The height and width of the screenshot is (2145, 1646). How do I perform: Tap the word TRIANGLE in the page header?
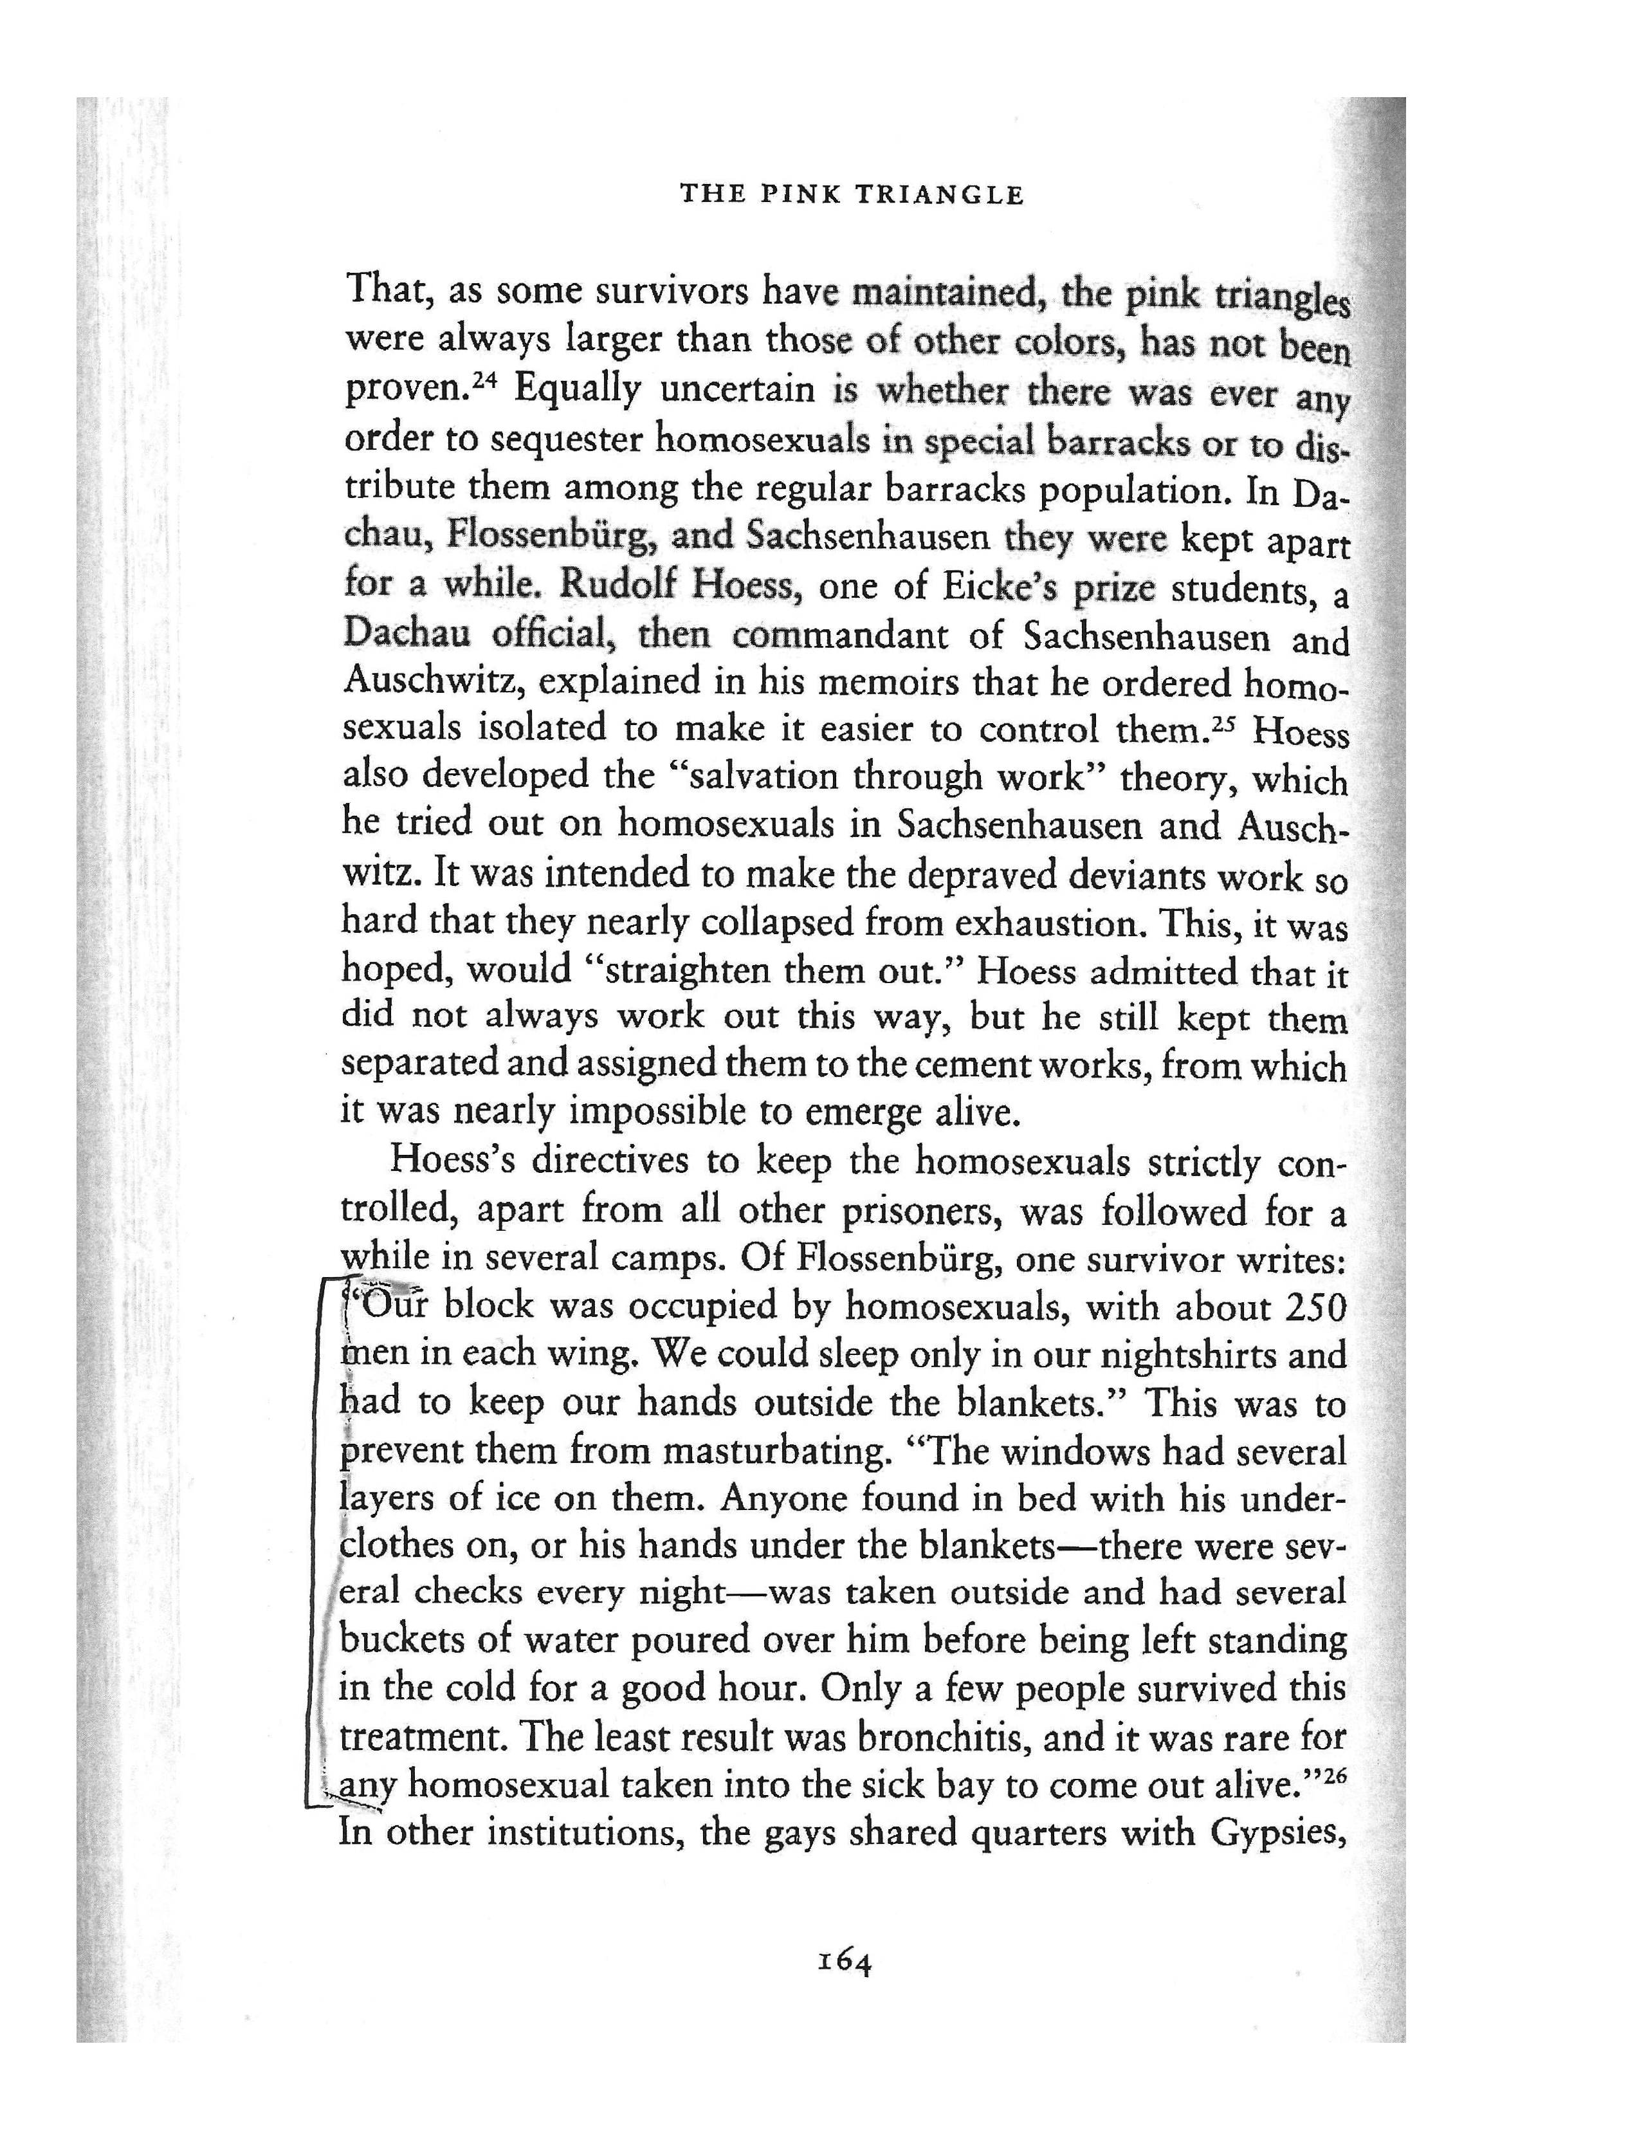[x=940, y=194]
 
